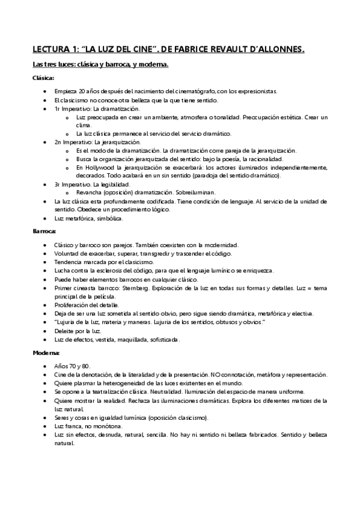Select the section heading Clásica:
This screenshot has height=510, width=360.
click(43, 78)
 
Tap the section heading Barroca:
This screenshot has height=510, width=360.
click(44, 230)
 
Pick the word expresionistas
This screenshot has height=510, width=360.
click(257, 91)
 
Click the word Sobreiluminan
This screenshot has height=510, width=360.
click(196, 192)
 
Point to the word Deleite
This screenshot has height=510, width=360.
click(64, 331)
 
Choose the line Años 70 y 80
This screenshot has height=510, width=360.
click(72, 366)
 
